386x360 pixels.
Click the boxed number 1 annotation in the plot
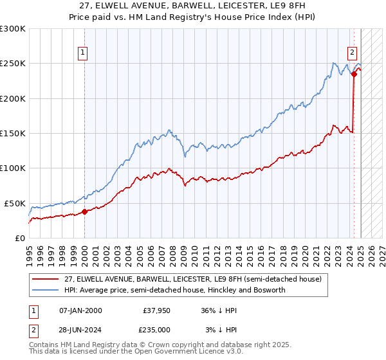[84, 53]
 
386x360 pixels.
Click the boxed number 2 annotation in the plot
[353, 53]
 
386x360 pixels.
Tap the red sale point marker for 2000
[85, 212]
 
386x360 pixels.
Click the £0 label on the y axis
[19, 238]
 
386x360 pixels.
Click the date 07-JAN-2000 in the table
[81, 310]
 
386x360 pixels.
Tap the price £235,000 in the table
[156, 329]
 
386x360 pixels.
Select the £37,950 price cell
[156, 310]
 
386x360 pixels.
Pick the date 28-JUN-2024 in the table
[81, 329]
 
